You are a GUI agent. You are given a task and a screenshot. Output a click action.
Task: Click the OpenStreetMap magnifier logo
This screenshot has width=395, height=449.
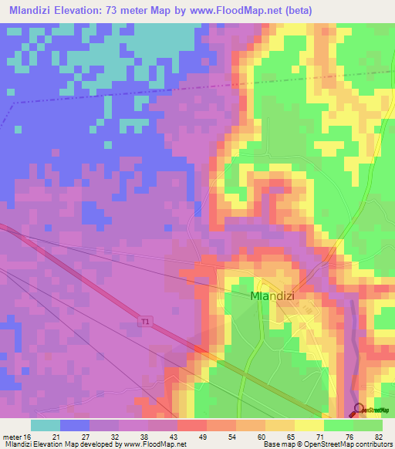point(359,410)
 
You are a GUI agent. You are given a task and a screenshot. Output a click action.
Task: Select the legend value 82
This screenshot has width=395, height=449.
point(377,436)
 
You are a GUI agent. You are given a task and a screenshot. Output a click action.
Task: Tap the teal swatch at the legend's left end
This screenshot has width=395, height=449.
point(46,425)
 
